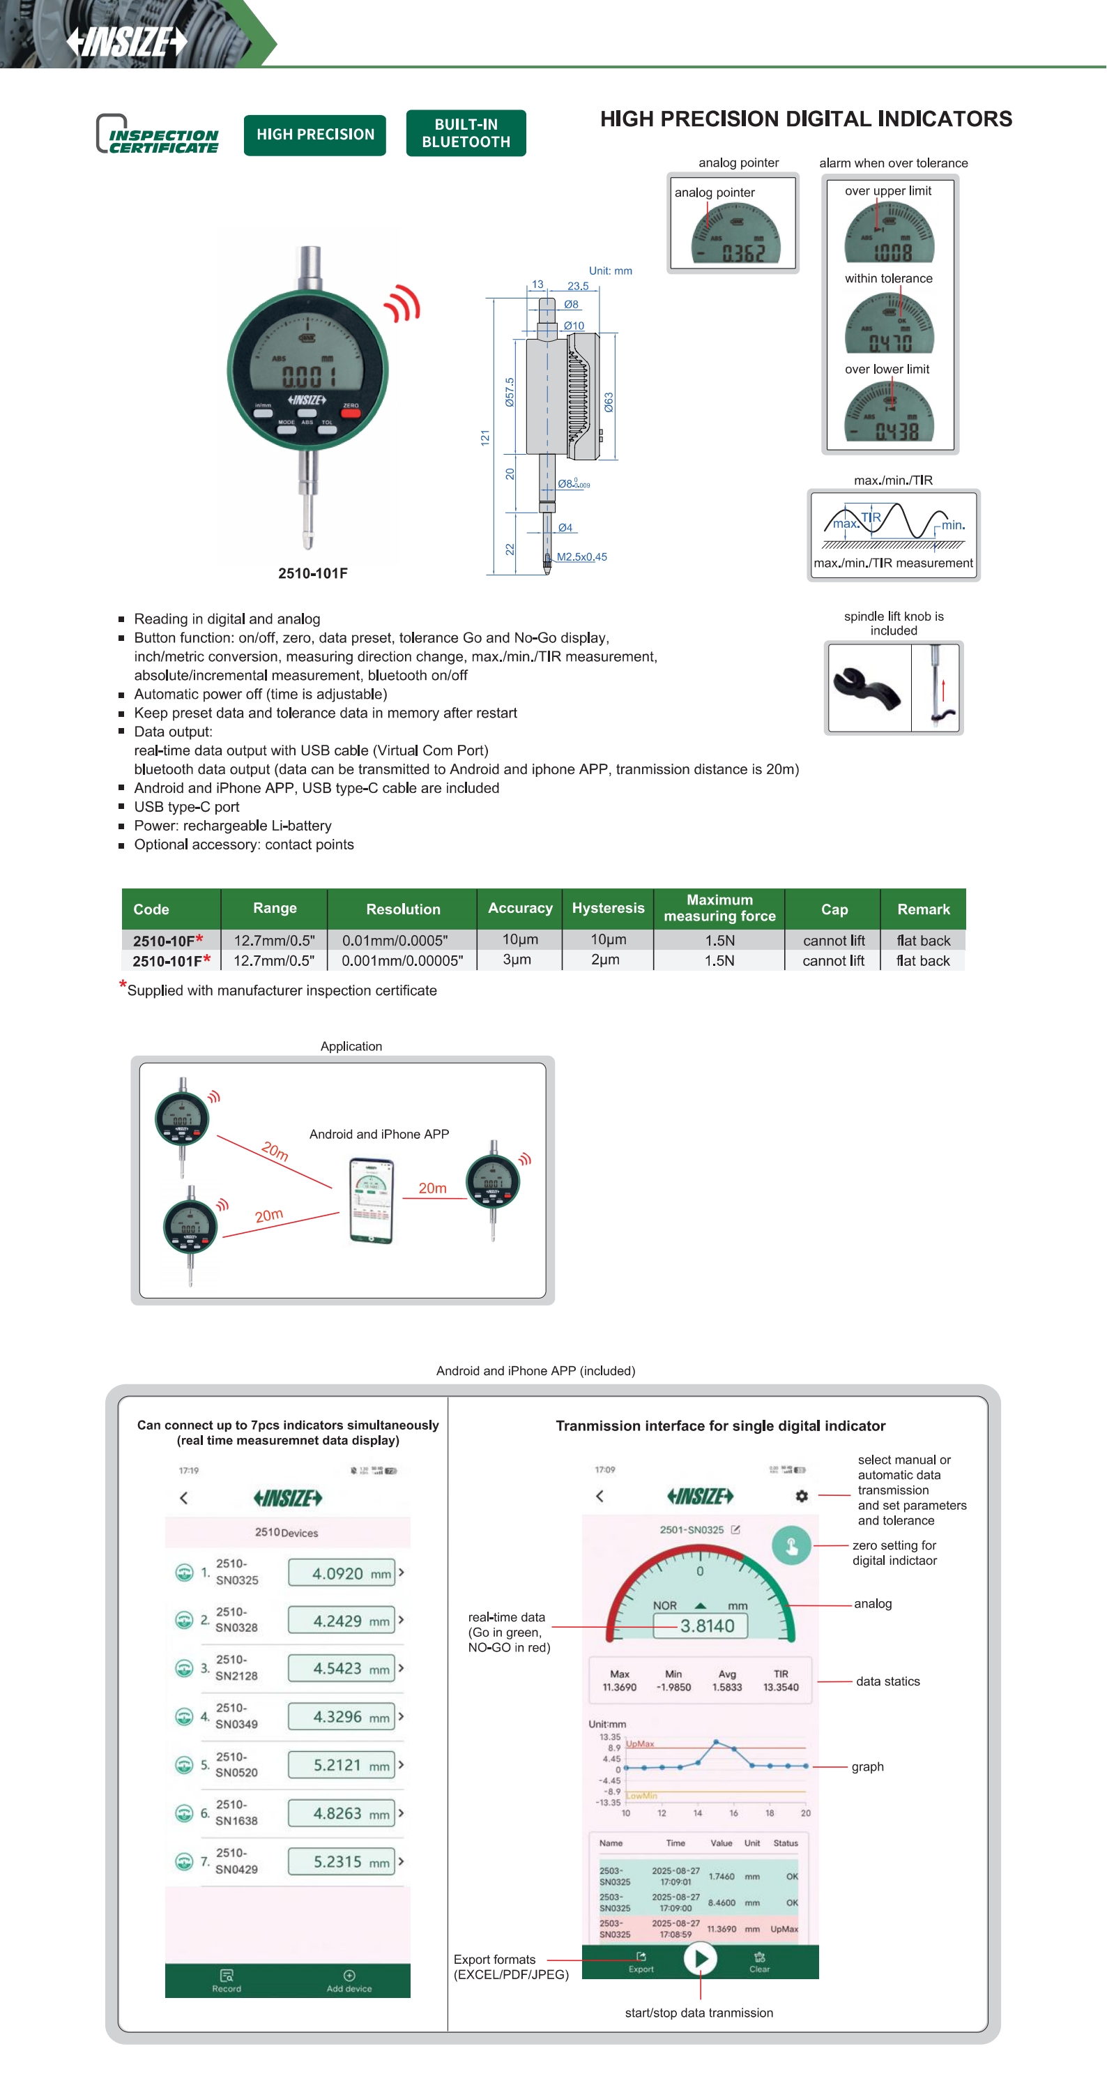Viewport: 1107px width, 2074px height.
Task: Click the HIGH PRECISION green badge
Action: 315,135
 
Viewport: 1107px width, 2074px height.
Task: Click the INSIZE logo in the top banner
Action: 126,41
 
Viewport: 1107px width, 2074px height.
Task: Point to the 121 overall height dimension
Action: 484,438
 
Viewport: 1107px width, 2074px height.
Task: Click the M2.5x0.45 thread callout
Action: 581,557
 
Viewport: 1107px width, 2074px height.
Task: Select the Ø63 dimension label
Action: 609,402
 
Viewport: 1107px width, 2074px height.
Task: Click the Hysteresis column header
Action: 608,908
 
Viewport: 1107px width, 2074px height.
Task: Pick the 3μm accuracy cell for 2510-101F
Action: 517,960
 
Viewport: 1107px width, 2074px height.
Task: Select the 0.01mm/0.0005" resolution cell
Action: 395,940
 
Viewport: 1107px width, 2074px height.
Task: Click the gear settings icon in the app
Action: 801,1496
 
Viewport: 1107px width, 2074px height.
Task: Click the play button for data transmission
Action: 700,1958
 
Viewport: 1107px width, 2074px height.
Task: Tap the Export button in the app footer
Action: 641,1961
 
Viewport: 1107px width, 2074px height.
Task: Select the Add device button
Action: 349,1981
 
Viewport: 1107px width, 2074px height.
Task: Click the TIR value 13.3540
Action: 780,1687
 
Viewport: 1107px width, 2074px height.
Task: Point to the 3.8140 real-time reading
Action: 707,1626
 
